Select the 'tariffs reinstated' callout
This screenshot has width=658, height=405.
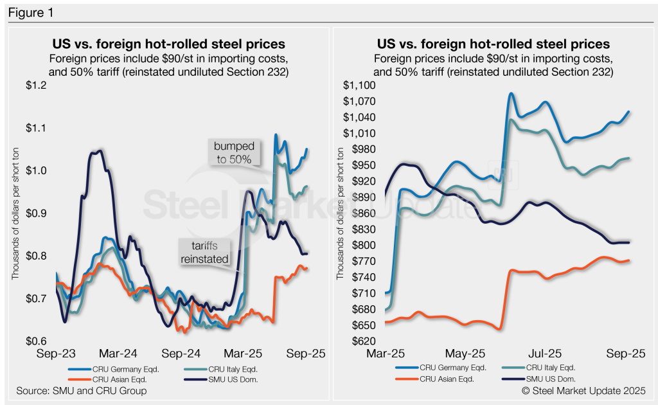click(x=204, y=251)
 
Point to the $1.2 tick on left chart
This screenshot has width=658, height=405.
click(x=38, y=85)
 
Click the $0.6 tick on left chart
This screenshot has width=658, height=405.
click(x=38, y=341)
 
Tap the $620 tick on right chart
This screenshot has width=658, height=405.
click(x=362, y=341)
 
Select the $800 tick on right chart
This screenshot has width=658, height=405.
click(x=362, y=245)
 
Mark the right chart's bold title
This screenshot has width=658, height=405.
click(x=493, y=44)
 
